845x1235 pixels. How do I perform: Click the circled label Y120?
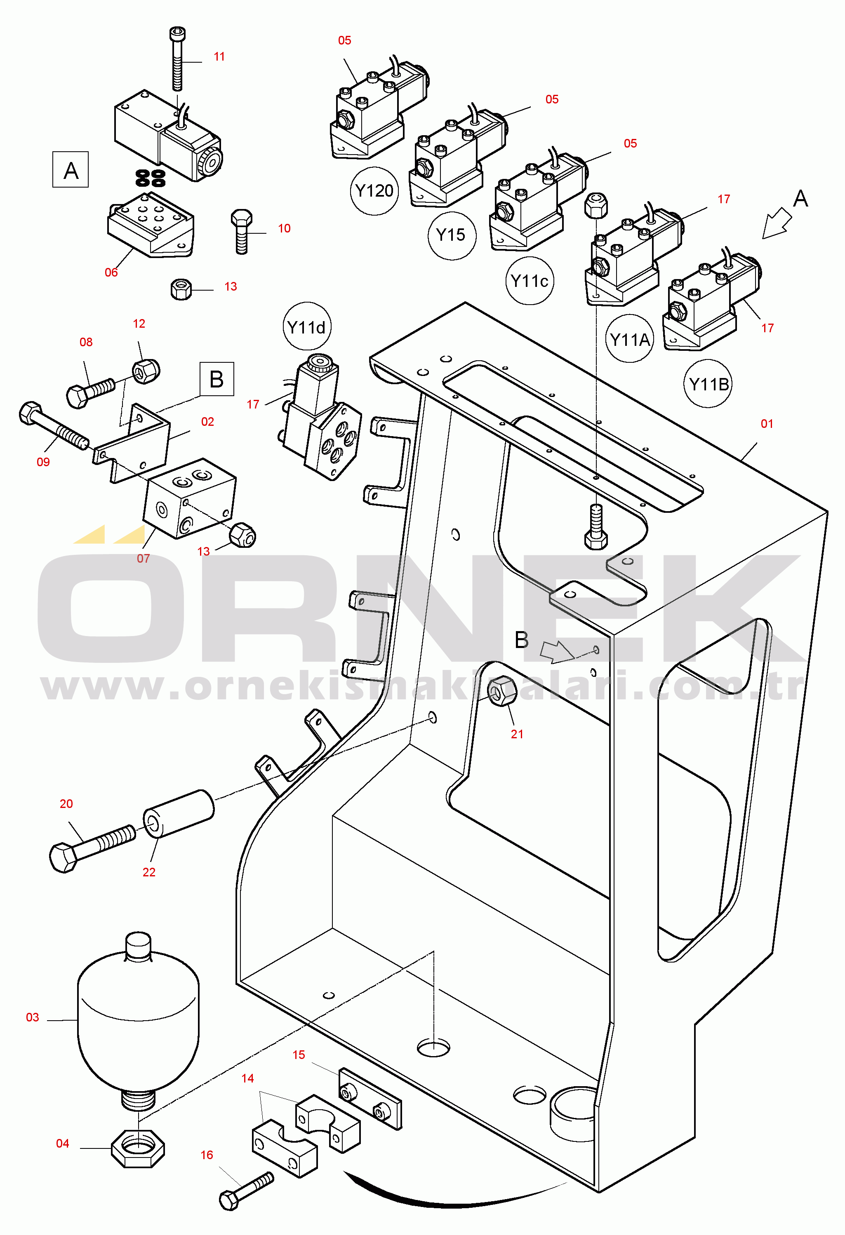click(374, 191)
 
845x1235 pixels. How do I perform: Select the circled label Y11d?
click(307, 327)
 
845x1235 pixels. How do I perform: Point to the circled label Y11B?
click(708, 384)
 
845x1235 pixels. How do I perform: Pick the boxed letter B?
click(217, 379)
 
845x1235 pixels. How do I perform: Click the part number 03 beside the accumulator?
click(33, 1017)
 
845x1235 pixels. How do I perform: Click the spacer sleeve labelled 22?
click(179, 813)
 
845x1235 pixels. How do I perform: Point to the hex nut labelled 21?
click(501, 691)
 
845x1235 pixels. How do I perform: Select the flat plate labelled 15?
click(370, 1099)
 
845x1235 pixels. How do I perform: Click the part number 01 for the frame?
click(766, 423)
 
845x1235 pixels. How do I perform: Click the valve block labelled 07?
click(189, 498)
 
